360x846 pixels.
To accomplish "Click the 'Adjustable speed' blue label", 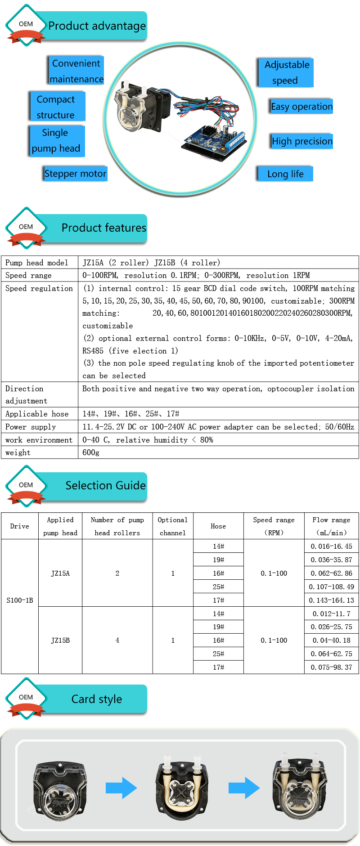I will [x=286, y=72].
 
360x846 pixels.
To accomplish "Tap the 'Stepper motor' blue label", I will [x=76, y=174].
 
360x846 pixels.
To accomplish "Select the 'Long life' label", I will [x=285, y=174].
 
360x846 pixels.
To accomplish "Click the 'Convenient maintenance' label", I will [x=76, y=71].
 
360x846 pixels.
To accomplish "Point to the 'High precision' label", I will [x=302, y=141].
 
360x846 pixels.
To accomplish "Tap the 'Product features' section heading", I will [x=103, y=228].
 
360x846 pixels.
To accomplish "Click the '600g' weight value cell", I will [x=91, y=452].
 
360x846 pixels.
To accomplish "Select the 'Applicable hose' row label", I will [x=37, y=414].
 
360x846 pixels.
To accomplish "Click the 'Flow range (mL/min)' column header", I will [x=331, y=526].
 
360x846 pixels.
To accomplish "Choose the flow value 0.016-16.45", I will [x=331, y=546].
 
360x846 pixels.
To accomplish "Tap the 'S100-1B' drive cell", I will [x=20, y=600].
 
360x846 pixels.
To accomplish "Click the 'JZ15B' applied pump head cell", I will [x=60, y=640].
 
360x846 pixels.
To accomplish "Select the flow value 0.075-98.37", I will [x=331, y=667].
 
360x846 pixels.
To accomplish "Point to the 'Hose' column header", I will [x=218, y=526].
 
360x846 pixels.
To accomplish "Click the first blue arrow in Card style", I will [x=121, y=788].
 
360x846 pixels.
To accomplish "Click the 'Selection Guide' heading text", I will [x=105, y=486].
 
